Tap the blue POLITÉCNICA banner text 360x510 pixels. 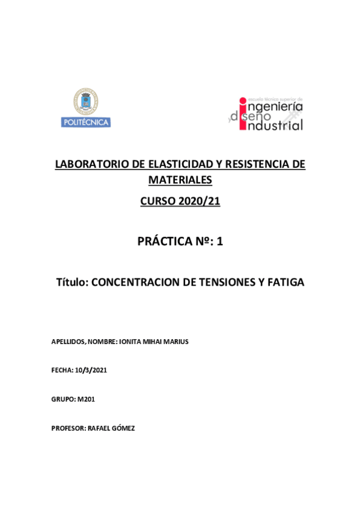(x=86, y=122)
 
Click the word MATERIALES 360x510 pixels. (x=180, y=180)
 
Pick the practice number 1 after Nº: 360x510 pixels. (x=219, y=242)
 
